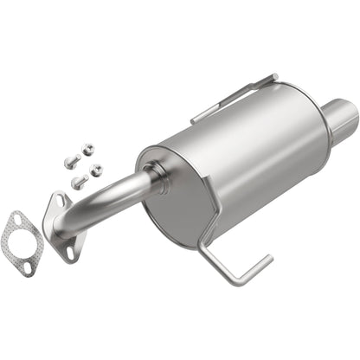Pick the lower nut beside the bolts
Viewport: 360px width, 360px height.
point(96,170)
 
